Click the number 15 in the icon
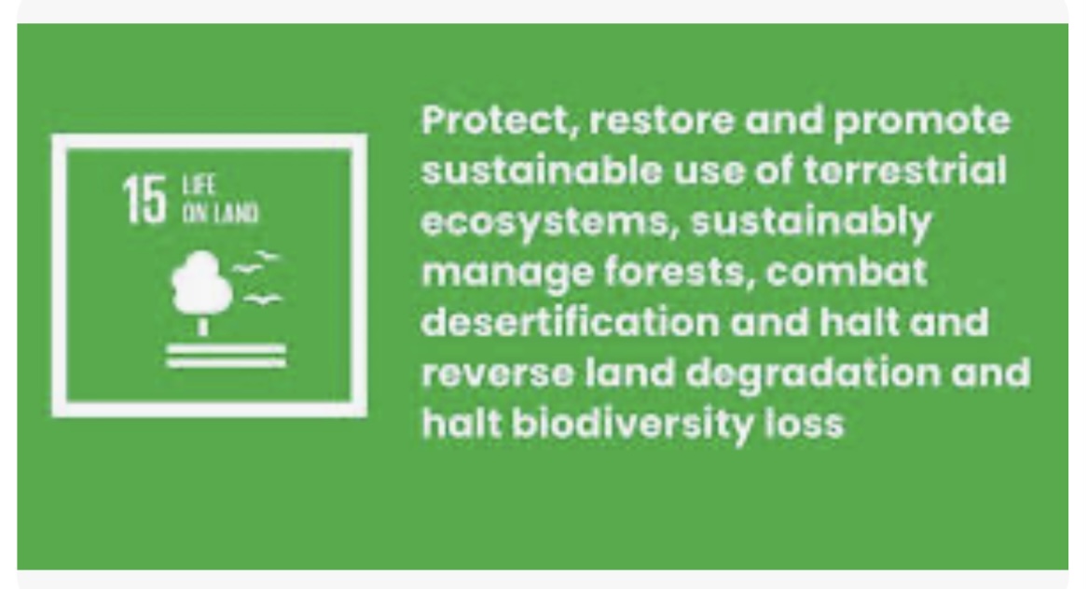[x=145, y=200]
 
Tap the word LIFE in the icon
[x=199, y=186]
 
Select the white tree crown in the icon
[x=201, y=282]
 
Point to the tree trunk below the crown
[x=202, y=327]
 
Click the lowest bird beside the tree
[x=262, y=300]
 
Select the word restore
[x=661, y=120]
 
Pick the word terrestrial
[x=905, y=170]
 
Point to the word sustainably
[x=811, y=222]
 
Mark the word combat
[x=847, y=272]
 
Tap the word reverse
[x=498, y=373]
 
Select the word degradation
[x=813, y=373]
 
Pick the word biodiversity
[x=632, y=423]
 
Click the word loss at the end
[x=805, y=423]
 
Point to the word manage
[x=507, y=273]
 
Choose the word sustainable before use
[x=542, y=170]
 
